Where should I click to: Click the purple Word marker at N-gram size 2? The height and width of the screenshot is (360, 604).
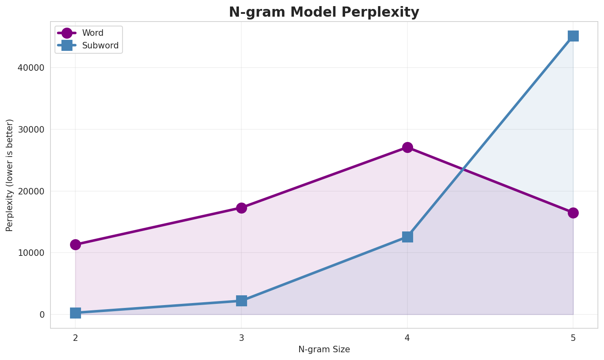pos(75,244)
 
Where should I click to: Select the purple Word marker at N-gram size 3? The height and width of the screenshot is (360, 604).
pos(241,208)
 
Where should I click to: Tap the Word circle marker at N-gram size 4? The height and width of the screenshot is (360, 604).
pos(407,147)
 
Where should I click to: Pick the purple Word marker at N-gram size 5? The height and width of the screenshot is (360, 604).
pos(573,213)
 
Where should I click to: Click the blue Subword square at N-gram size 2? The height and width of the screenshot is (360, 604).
pos(75,313)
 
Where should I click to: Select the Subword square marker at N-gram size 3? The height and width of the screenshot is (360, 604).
pos(241,301)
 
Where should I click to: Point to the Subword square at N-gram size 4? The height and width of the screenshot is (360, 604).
pos(407,237)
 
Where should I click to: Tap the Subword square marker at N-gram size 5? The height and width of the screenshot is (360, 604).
pos(573,36)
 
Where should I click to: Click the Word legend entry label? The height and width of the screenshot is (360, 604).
pos(93,33)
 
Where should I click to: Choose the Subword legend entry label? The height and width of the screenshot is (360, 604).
pos(100,46)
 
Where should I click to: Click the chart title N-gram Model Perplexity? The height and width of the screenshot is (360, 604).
pos(324,12)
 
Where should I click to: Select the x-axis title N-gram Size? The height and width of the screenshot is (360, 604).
pos(324,349)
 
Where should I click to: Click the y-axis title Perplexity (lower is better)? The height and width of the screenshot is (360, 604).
pos(10,175)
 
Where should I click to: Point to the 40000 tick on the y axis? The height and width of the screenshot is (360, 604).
pos(31,68)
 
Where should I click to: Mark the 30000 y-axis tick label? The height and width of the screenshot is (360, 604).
pos(31,129)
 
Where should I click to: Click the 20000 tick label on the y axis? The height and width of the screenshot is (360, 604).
pos(31,191)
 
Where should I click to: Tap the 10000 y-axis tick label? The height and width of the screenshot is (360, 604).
pos(31,253)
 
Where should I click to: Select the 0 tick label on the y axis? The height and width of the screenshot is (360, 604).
pos(42,314)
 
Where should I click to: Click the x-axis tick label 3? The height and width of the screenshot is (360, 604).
pos(241,338)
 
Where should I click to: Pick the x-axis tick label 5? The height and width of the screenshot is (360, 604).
pos(573,338)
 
